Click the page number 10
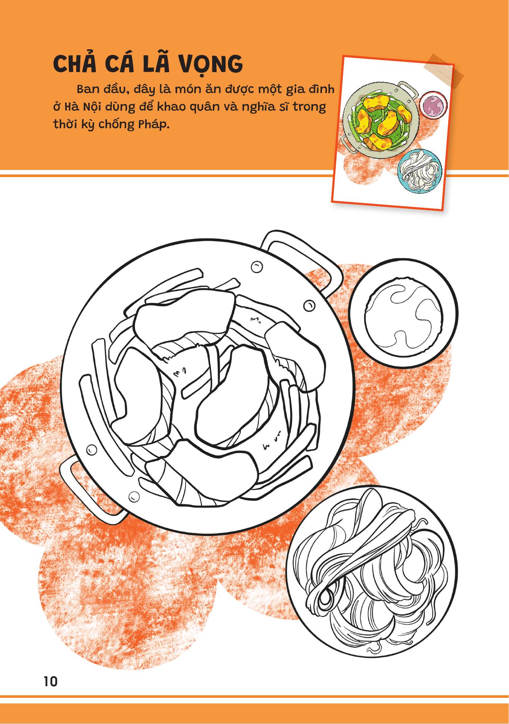coord(50,681)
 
